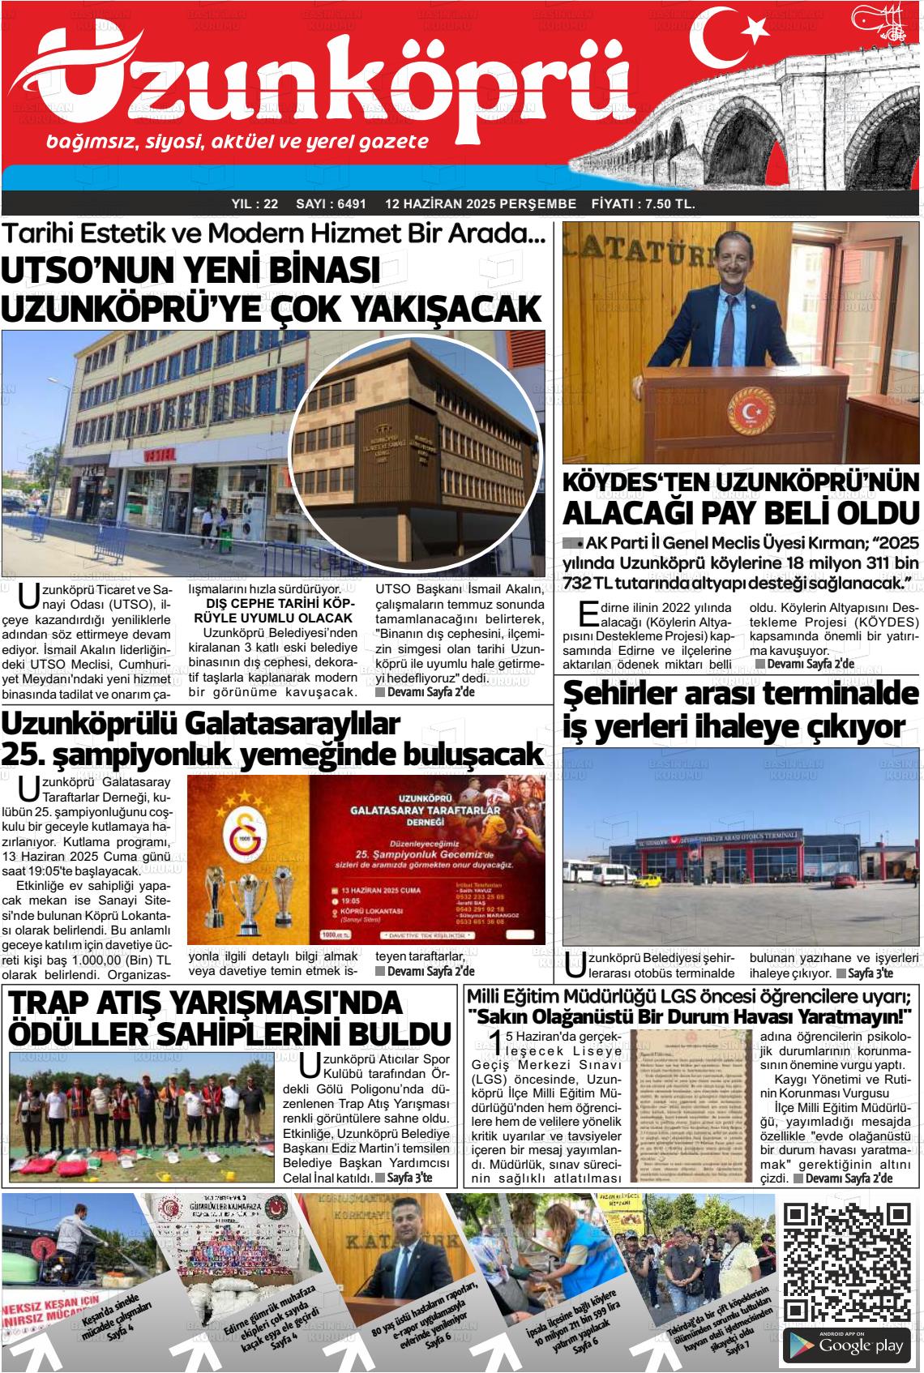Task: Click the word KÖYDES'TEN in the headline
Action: [x=636, y=482]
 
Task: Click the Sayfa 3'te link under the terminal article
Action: [x=870, y=973]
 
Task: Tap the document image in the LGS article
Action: [x=693, y=1106]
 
